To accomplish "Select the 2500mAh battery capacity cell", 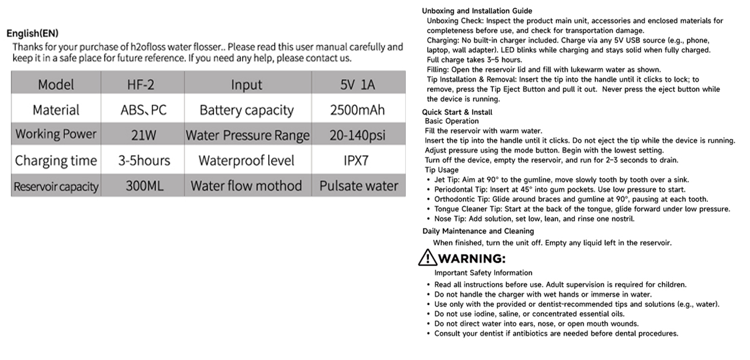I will pos(357,110).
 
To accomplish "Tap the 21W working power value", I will pos(143,135).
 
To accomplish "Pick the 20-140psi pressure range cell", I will pos(357,135).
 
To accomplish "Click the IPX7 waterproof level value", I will pos(356,160).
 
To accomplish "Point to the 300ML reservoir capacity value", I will pos(145,186).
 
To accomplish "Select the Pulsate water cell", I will pos(359,186).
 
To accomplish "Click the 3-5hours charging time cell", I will pos(144,160).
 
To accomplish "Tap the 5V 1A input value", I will pos(357,85).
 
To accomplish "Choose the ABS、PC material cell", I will pos(143,110).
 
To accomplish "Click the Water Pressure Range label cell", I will pos(247,135).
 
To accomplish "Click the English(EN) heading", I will pos(32,33).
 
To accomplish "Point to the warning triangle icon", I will pos(427,258).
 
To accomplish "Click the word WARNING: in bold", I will pos(472,259).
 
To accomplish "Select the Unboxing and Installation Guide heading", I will pos(477,11).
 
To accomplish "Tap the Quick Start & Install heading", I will pos(457,112).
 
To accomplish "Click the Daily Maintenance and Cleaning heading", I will pos(478,231).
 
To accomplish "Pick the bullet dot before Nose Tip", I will pos(428,219).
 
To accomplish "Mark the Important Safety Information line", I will pos(483,273).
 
